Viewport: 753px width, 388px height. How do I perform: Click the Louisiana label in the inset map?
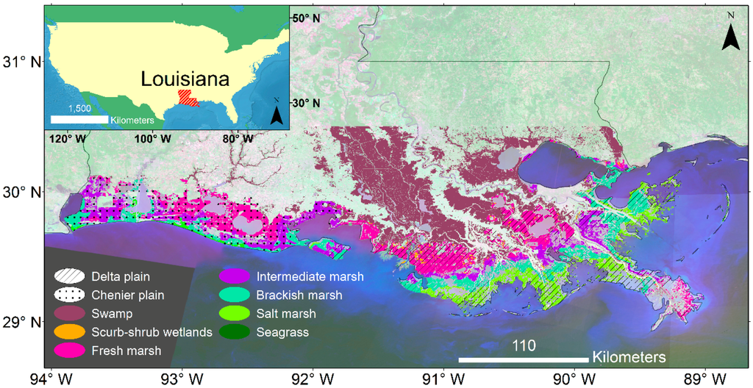click(x=185, y=79)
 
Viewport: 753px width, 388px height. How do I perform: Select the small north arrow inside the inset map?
click(x=276, y=111)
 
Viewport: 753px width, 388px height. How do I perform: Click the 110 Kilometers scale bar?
click(x=524, y=359)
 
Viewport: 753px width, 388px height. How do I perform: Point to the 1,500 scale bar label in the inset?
click(x=79, y=108)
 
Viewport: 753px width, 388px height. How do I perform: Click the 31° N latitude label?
click(x=21, y=62)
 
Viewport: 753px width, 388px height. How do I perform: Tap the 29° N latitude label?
click(x=21, y=322)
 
